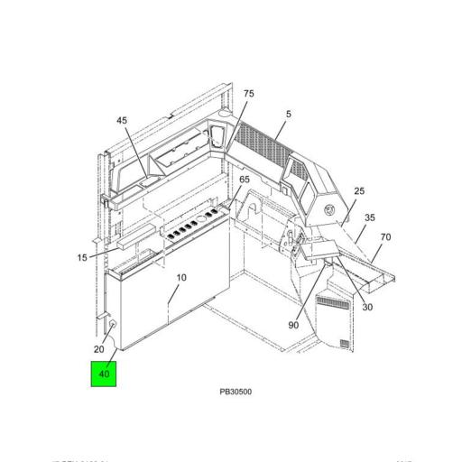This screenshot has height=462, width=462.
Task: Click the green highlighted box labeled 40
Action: (x=103, y=373)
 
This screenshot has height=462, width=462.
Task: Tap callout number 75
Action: (x=248, y=94)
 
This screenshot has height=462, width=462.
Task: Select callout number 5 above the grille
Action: (x=289, y=115)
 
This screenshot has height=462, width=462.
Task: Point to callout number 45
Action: (x=123, y=120)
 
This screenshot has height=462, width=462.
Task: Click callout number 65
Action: (x=245, y=180)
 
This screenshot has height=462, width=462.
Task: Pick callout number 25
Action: (x=359, y=191)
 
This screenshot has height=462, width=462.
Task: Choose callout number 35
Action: (x=369, y=218)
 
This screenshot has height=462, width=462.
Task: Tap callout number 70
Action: (x=385, y=237)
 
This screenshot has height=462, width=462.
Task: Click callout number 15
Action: (x=82, y=258)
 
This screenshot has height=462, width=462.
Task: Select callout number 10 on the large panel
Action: (x=181, y=278)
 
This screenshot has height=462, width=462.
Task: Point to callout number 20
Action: (x=99, y=348)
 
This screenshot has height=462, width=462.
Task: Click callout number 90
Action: (x=294, y=325)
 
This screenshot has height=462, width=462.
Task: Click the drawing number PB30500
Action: (x=236, y=393)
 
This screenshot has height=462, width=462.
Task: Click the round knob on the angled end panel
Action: (x=329, y=208)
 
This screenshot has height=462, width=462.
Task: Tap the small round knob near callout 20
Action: (x=115, y=325)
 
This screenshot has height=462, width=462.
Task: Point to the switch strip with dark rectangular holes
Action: (x=192, y=222)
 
